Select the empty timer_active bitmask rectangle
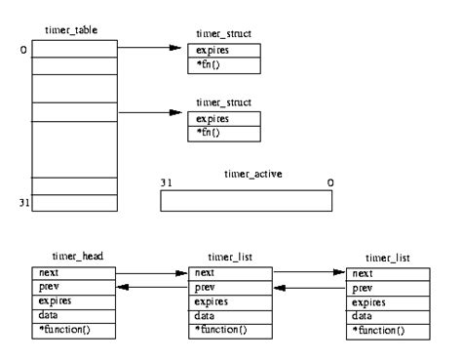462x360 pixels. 245,199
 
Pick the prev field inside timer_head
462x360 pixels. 74,289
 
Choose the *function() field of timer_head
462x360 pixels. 74,331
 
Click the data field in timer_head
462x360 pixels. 74,317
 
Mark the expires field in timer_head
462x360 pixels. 74,303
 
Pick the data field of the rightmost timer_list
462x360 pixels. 389,317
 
